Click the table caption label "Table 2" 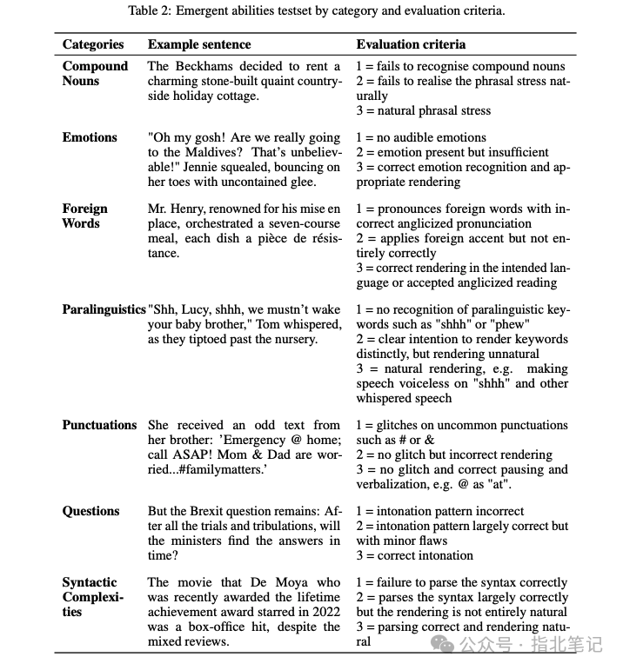150,11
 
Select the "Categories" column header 93,44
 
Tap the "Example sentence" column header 199,44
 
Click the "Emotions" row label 90,137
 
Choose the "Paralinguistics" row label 104,310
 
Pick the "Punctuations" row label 99,425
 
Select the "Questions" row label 90,511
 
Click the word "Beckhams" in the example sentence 203,66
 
